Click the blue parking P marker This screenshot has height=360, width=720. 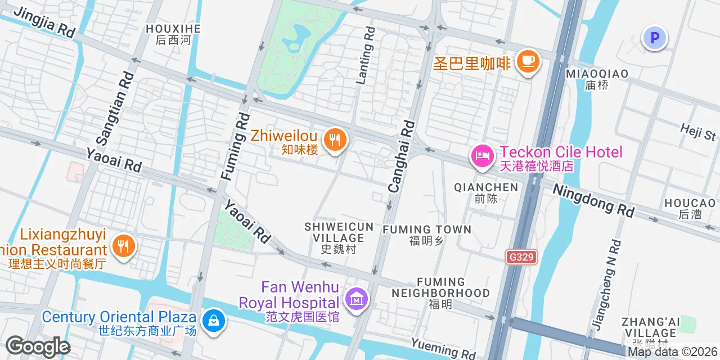(655, 39)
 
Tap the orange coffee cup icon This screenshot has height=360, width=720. (527, 61)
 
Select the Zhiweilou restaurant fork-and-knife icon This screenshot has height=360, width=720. (335, 139)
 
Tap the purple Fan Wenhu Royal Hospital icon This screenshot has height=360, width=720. (357, 298)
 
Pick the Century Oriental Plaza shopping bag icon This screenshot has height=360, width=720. (214, 321)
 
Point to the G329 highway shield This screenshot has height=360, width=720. (521, 257)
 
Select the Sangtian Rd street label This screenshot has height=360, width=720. (115, 107)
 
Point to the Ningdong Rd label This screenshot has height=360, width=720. (593, 200)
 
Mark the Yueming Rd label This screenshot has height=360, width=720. (443, 348)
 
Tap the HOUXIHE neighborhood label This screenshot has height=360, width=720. (173, 34)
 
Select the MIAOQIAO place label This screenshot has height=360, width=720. (597, 79)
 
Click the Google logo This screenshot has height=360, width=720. (38, 346)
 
